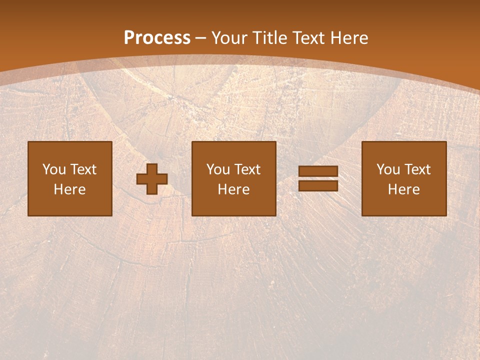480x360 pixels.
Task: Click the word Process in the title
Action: (157, 38)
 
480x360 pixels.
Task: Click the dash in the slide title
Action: (201, 38)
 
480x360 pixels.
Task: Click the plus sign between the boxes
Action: (152, 179)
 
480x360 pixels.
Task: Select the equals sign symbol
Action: (318, 179)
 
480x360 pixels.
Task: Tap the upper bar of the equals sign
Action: (318, 172)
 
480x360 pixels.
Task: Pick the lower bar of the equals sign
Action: (318, 186)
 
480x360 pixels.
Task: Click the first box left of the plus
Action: (70, 178)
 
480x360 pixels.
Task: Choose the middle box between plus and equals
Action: (234, 178)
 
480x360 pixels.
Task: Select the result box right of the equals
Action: (404, 178)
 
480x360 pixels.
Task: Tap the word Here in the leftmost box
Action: (70, 189)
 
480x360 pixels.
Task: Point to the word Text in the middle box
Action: (247, 169)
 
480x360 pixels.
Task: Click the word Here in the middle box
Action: (234, 189)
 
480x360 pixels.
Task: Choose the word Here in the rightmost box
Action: (404, 189)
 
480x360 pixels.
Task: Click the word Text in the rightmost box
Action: (417, 169)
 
